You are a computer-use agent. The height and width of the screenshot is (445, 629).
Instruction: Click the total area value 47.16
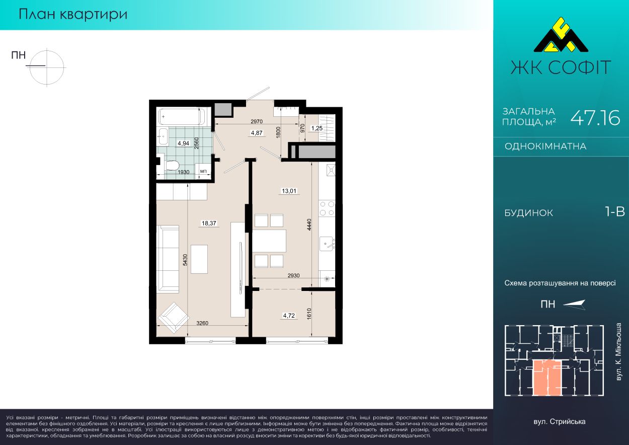(595, 118)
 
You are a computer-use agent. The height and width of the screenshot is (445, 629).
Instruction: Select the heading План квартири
(73, 14)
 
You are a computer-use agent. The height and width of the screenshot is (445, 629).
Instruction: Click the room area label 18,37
(209, 224)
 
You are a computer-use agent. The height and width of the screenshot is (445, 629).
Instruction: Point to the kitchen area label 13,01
(289, 191)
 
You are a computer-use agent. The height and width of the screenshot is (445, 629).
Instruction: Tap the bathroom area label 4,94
(183, 143)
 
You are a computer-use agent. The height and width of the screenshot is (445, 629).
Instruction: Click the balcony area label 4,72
(289, 316)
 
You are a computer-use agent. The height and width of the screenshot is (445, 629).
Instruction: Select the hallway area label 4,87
(257, 133)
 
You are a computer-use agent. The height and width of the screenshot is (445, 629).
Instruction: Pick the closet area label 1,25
(317, 128)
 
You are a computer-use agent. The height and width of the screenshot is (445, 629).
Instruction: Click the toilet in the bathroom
(173, 165)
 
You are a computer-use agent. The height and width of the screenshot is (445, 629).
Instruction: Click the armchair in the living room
(173, 318)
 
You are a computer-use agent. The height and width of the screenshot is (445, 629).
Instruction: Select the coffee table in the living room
(199, 259)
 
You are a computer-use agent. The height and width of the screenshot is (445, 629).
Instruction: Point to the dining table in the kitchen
(269, 241)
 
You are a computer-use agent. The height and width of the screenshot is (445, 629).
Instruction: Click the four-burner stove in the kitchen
(327, 208)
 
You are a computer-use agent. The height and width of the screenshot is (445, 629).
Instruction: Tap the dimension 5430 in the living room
(185, 260)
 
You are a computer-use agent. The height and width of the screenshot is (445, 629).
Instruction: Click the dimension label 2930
(293, 275)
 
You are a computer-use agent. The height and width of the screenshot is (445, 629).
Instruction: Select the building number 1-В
(615, 212)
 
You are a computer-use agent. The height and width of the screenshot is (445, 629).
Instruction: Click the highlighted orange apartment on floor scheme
(547, 378)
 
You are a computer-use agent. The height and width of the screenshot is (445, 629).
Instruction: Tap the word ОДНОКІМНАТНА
(545, 146)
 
